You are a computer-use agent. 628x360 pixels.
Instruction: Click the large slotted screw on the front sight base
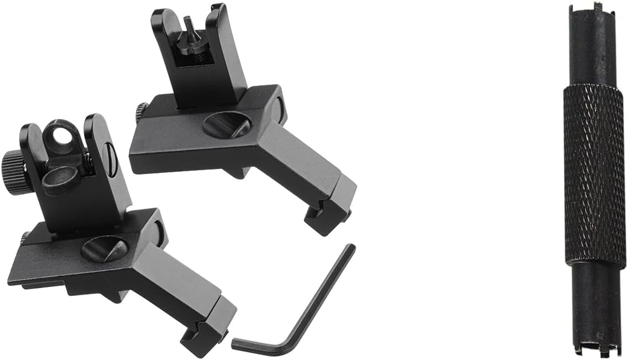[227, 125]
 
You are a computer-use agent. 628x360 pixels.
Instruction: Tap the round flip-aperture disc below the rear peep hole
[60, 180]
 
